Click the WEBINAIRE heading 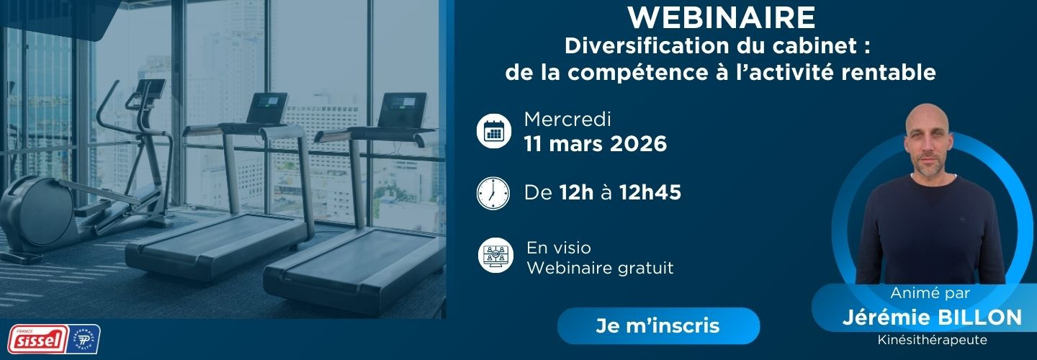[x=722, y=17]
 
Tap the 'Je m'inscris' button [x=658, y=325]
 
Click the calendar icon [x=494, y=132]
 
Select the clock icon [x=493, y=193]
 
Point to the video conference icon [x=495, y=255]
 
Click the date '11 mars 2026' [x=596, y=144]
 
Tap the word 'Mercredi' [x=567, y=120]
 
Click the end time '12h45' [x=650, y=192]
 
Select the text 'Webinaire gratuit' [x=600, y=268]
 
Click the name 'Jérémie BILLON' [x=932, y=318]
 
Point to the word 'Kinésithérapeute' [x=932, y=340]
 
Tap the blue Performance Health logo [x=84, y=340]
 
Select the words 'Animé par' [x=930, y=293]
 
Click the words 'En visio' [x=559, y=248]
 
